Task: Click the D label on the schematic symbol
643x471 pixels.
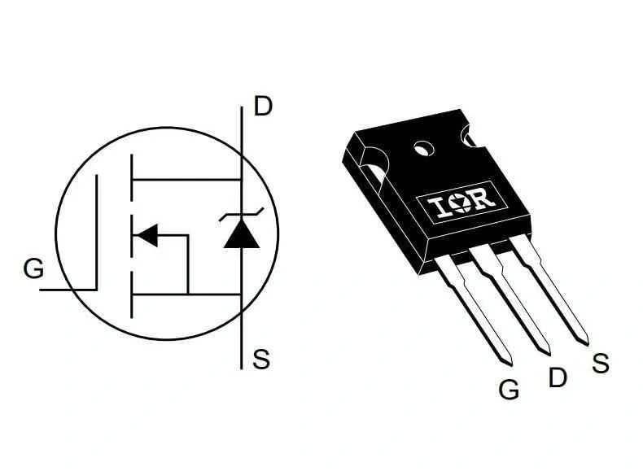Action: (263, 106)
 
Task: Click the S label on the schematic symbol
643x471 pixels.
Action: (261, 359)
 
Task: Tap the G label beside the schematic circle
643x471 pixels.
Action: (33, 268)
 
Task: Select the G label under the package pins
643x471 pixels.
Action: (509, 389)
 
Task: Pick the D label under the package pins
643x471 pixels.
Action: (558, 377)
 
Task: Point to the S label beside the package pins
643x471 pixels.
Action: (601, 363)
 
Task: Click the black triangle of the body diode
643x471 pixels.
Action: (242, 233)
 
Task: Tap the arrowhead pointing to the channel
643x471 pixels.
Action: (146, 236)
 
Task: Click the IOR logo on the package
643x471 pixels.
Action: (461, 202)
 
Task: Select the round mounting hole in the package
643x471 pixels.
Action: (423, 148)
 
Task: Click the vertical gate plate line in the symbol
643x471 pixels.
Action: (97, 232)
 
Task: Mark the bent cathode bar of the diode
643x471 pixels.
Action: (242, 215)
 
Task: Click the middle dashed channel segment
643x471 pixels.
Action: (132, 236)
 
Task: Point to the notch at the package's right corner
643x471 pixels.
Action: (469, 135)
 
